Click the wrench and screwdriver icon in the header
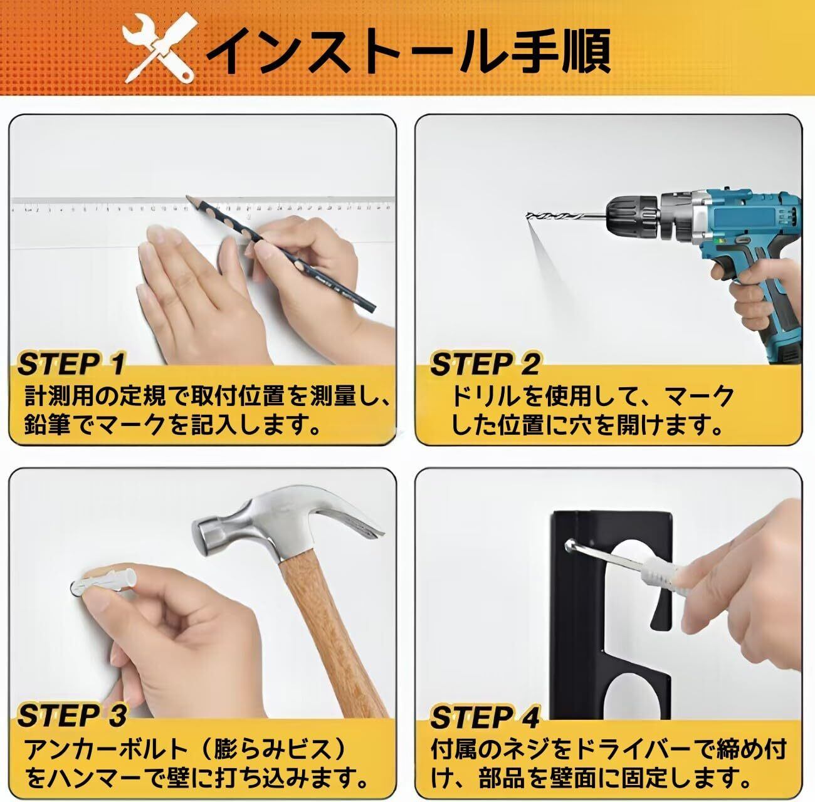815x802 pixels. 159,49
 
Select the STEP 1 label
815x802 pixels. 72,364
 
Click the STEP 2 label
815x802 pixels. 485,364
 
